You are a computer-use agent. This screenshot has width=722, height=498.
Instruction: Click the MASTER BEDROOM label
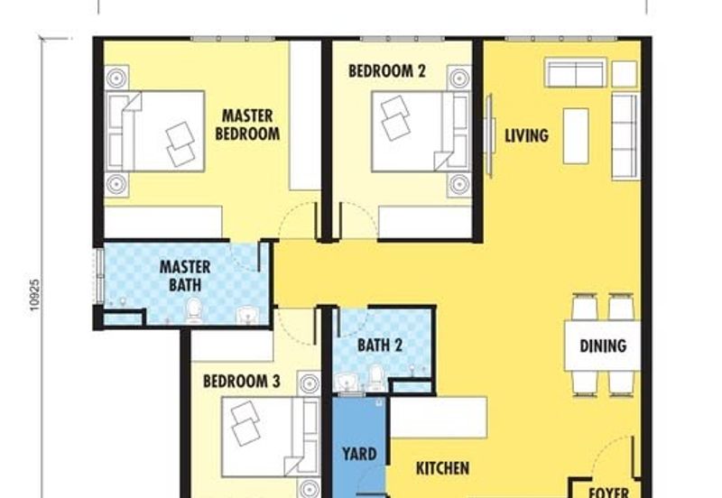[247, 124]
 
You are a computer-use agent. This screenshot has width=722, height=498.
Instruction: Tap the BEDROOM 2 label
[387, 71]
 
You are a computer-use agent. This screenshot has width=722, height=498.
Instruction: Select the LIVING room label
[527, 135]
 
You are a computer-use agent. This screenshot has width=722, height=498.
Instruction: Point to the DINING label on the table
[603, 346]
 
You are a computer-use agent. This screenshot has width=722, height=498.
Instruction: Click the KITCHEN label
[443, 468]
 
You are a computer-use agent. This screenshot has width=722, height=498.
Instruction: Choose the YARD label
[359, 454]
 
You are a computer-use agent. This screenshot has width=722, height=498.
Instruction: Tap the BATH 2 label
[380, 345]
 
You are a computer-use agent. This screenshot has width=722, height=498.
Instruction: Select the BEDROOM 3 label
[242, 381]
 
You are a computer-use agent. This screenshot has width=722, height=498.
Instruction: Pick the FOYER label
[609, 493]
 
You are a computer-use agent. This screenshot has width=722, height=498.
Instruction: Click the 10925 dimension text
[35, 295]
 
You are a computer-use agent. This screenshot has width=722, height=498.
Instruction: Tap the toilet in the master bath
[194, 310]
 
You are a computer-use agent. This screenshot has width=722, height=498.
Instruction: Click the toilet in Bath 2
[375, 377]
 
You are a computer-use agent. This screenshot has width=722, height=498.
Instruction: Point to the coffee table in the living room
[576, 136]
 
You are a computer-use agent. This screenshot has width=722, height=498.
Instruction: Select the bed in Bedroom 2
[421, 132]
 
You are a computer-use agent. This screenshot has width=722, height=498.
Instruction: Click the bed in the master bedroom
[155, 131]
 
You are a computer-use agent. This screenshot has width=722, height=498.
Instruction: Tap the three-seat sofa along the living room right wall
[625, 136]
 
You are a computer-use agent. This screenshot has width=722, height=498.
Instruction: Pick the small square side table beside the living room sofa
[625, 74]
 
